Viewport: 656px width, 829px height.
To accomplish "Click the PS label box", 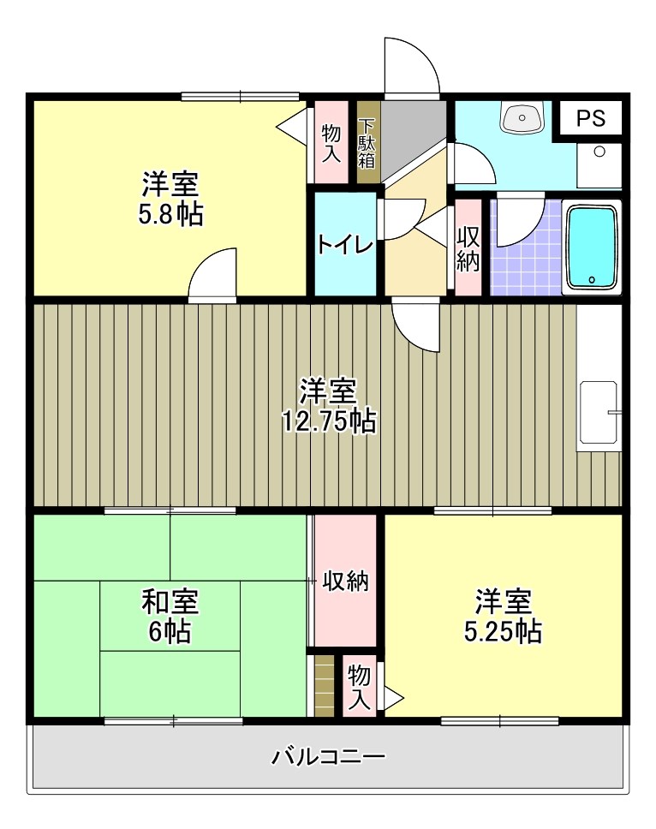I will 590,118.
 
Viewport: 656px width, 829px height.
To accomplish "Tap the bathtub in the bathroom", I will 591,247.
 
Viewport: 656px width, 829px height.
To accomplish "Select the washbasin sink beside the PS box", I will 522,117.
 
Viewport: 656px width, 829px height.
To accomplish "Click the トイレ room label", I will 345,244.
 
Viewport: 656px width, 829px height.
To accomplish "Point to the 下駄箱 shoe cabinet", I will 367,142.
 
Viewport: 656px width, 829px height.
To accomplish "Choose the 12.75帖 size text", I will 328,420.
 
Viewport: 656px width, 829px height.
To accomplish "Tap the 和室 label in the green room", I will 170,602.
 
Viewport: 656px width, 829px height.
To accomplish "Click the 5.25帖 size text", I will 502,632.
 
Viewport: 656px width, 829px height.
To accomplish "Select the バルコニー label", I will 328,756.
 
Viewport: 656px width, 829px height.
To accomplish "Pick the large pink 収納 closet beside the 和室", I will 344,581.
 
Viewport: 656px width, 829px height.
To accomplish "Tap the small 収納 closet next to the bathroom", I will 467,248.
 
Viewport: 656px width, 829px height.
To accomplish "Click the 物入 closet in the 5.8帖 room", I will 331,142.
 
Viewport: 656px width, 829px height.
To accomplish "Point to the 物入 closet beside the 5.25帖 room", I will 360,686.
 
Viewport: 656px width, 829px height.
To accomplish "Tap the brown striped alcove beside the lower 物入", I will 324,685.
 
